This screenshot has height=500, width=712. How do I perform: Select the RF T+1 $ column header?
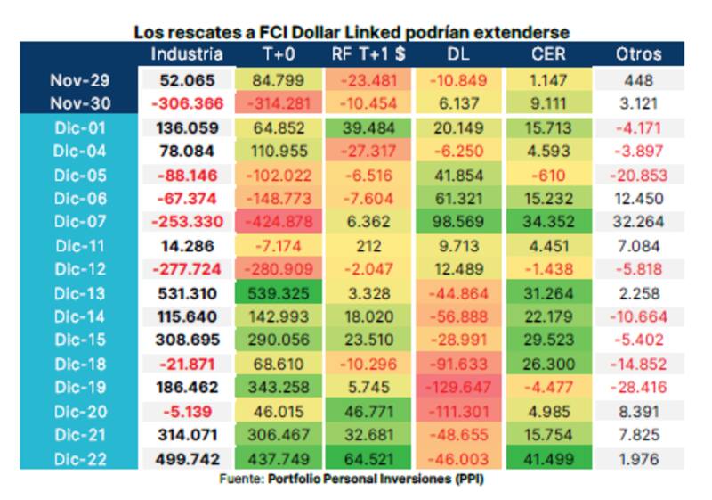(x=368, y=53)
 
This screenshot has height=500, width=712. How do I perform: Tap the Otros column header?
(x=638, y=53)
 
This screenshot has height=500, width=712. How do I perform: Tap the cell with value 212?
(x=368, y=245)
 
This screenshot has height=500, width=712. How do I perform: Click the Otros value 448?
(x=638, y=79)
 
